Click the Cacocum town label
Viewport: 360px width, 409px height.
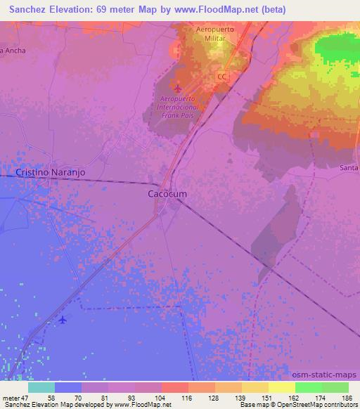click(x=166, y=193)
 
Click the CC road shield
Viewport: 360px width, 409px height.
click(x=222, y=76)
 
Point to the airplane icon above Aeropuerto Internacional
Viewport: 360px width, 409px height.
click(x=176, y=89)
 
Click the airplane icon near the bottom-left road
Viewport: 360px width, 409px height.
click(x=63, y=320)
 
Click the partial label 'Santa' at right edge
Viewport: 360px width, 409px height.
click(x=349, y=168)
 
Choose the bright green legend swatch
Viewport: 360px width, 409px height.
click(x=307, y=387)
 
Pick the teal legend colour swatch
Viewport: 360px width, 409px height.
click(x=41, y=387)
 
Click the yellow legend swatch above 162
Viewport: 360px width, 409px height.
click(x=281, y=387)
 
